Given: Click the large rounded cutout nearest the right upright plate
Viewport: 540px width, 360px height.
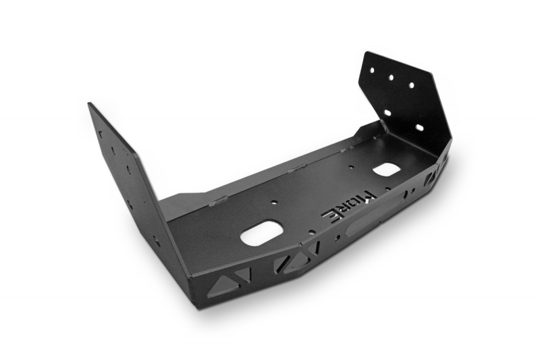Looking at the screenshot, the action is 386,169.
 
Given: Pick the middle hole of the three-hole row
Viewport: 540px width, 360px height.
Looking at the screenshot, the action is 391,78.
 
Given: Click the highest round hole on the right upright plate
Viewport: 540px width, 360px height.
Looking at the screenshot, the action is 372,70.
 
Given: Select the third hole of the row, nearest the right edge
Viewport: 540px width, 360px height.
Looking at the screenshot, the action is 411,84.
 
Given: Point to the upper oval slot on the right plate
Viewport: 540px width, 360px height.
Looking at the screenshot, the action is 387,113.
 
